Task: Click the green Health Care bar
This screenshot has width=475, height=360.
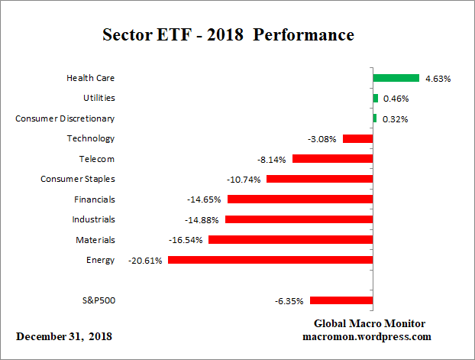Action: click(x=396, y=78)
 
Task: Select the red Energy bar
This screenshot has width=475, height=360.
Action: click(x=270, y=260)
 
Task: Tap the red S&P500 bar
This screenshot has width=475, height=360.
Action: click(x=341, y=300)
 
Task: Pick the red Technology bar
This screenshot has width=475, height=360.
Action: click(x=357, y=138)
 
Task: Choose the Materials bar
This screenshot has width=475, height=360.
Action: click(x=290, y=239)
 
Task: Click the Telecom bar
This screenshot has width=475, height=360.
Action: click(x=332, y=159)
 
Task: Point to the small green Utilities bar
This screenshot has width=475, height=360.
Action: click(x=375, y=98)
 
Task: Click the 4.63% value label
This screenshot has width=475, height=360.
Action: click(x=438, y=79)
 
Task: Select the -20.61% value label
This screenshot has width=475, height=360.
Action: click(x=144, y=261)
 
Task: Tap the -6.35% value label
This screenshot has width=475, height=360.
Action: click(x=289, y=301)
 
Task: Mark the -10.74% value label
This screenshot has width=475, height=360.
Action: click(x=244, y=180)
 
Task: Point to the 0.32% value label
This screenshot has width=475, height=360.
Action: click(x=396, y=119)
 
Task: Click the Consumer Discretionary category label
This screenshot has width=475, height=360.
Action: click(x=65, y=118)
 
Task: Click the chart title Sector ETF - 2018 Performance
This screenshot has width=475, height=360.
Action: click(x=228, y=35)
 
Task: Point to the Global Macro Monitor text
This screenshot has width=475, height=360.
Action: click(x=370, y=323)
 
